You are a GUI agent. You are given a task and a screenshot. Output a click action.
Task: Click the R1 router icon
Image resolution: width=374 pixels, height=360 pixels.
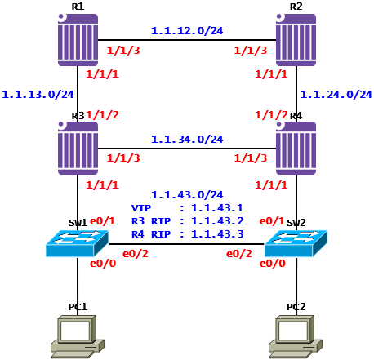[x=78, y=40]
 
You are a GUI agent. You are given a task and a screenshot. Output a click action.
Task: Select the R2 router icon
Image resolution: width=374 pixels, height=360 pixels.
[x=296, y=40]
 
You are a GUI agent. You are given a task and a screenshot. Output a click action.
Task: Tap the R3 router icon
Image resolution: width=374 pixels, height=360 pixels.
[x=78, y=148]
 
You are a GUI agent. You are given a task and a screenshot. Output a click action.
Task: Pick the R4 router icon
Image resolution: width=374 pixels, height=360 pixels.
[x=296, y=148]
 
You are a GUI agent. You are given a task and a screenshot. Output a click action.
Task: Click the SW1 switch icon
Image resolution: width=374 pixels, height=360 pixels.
[x=78, y=243]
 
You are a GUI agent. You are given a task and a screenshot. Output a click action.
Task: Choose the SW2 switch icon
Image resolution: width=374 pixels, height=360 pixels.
[x=296, y=243]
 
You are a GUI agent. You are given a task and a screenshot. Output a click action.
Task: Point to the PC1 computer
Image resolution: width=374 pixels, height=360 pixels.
[x=78, y=336]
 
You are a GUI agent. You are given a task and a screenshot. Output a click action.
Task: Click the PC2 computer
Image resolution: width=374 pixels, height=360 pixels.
[x=296, y=336]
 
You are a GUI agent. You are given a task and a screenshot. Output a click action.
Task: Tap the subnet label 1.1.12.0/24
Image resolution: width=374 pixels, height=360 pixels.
[x=187, y=31]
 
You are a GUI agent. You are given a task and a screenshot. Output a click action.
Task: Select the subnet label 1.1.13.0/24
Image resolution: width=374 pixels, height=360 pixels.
[x=38, y=95]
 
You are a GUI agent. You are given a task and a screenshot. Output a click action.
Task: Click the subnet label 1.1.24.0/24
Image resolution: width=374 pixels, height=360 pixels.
[x=336, y=95]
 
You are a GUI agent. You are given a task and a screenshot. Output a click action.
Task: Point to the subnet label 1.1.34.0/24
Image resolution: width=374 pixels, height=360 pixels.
[x=187, y=140]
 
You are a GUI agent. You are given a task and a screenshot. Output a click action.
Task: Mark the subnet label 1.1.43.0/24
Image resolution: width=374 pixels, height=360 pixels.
[x=187, y=195]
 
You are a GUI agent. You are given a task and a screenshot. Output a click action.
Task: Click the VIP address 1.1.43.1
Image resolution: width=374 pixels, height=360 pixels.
[x=217, y=208]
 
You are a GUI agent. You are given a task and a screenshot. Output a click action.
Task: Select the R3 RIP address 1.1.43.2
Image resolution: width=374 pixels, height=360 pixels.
[x=217, y=221]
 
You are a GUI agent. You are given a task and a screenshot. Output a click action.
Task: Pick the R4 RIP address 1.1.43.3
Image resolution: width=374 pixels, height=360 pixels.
[x=217, y=234]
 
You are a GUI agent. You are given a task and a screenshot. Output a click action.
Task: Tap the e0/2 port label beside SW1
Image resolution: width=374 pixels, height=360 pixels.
[x=136, y=254]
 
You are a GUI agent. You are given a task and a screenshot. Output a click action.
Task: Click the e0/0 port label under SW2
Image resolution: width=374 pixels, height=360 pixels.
[x=273, y=264]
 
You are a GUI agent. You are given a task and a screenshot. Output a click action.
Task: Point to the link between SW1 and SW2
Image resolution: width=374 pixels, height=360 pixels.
[x=187, y=244]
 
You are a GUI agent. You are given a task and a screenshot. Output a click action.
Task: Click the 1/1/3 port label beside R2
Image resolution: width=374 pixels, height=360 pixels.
[x=251, y=51]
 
